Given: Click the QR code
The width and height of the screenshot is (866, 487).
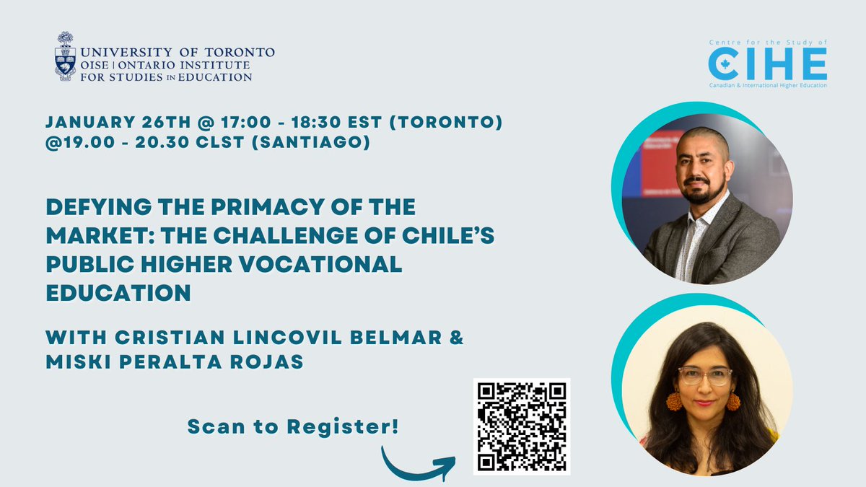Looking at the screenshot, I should (522, 426).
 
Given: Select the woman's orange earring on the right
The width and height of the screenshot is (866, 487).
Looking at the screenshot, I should (732, 400).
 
